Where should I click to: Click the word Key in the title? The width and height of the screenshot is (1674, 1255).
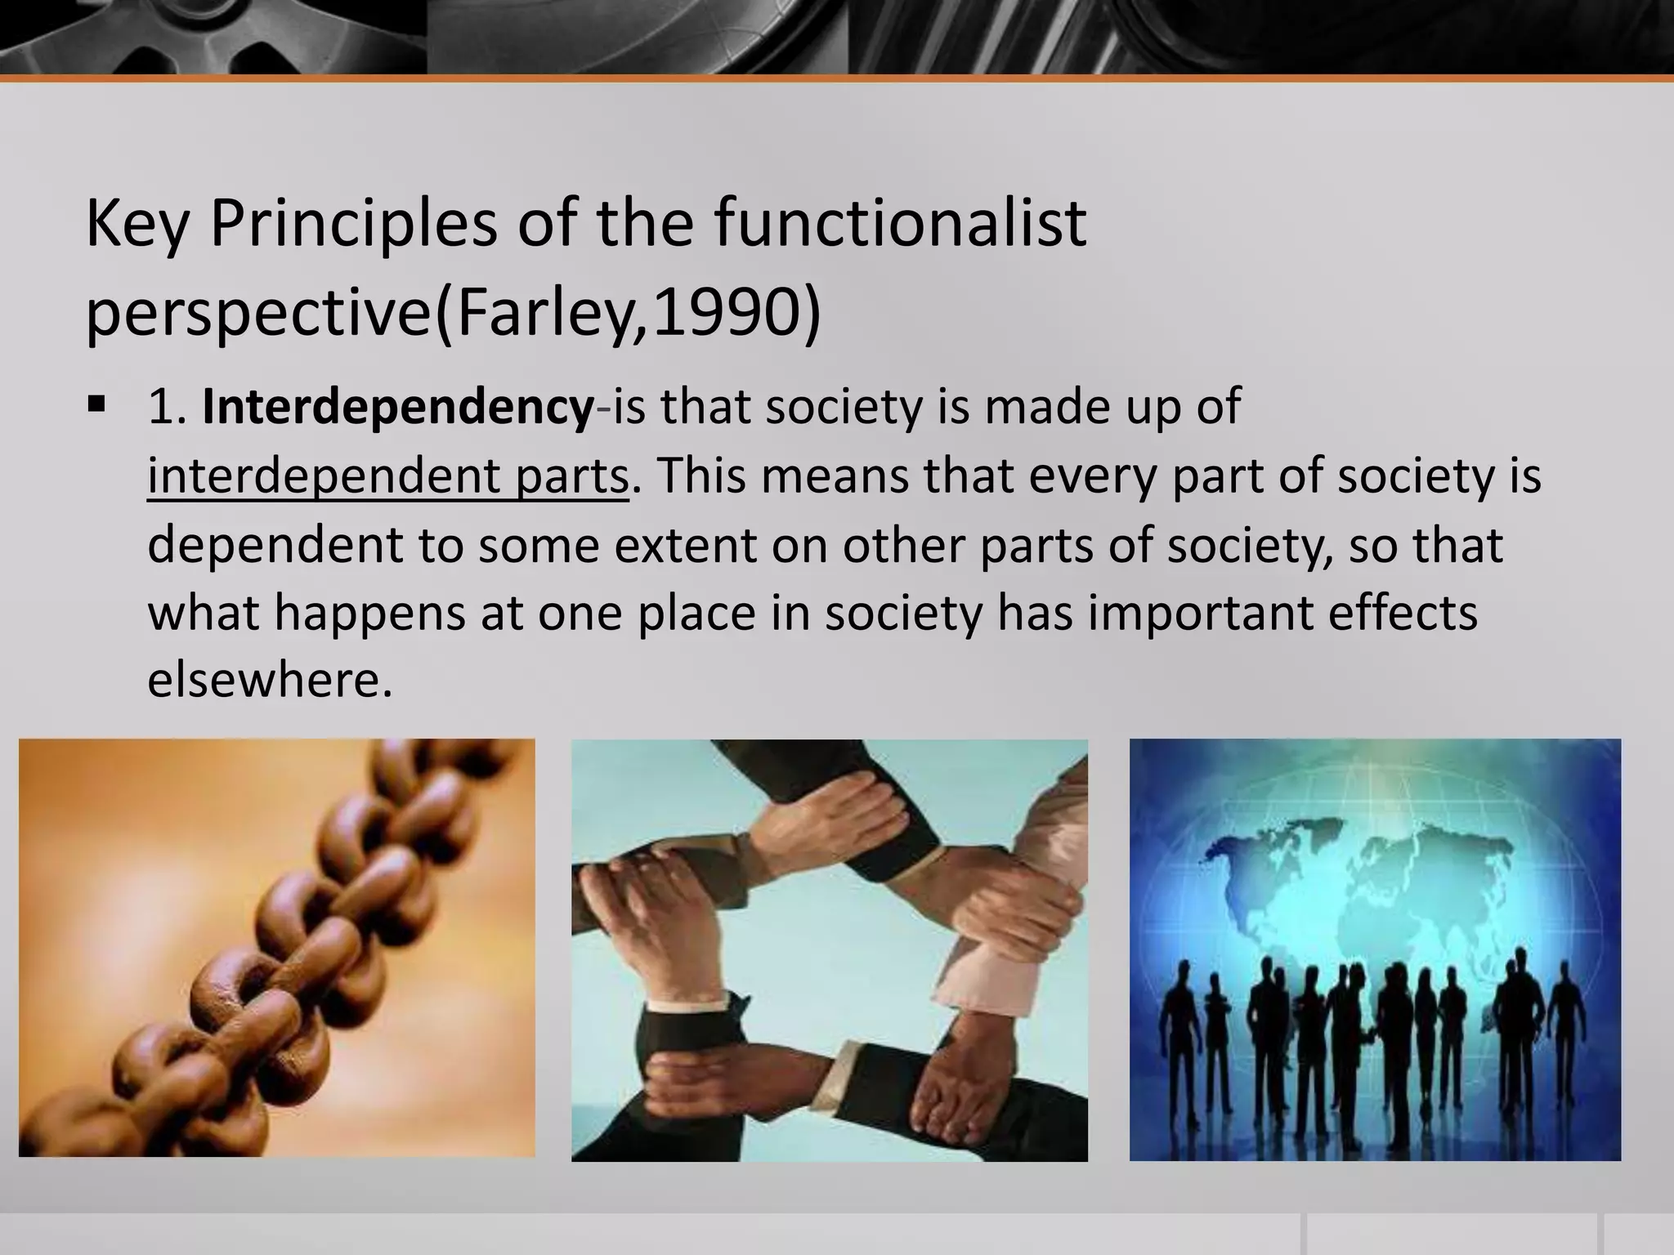[137, 225]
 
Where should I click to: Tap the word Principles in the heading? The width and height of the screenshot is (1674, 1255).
[352, 225]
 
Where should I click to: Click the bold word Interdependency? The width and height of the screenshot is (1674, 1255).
[398, 407]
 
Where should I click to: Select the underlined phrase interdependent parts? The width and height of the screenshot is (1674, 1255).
[388, 476]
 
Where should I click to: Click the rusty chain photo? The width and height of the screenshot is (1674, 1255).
[276, 948]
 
